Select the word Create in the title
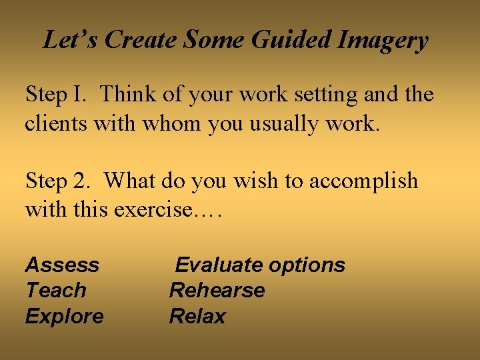142,41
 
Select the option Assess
62,265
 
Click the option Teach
56,291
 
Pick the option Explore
64,317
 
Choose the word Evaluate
219,265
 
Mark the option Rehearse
217,291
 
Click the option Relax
197,316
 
